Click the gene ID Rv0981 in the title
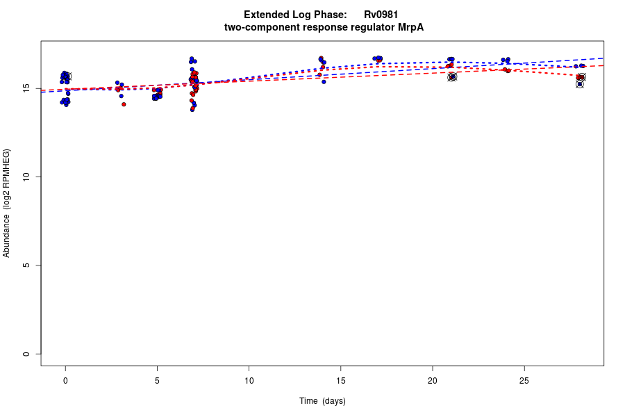[381, 15]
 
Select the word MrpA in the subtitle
[410, 27]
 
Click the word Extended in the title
[268, 15]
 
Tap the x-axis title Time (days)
[322, 401]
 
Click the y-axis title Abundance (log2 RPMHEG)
[7, 203]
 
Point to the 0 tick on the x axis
[65, 380]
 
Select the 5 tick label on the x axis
[157, 380]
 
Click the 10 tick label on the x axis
[249, 380]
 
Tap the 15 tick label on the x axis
[340, 380]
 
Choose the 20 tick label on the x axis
[432, 380]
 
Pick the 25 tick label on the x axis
[524, 380]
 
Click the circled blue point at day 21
[452, 77]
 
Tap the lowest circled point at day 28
[580, 84]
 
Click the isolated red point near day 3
[124, 104]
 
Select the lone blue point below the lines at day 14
[324, 82]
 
